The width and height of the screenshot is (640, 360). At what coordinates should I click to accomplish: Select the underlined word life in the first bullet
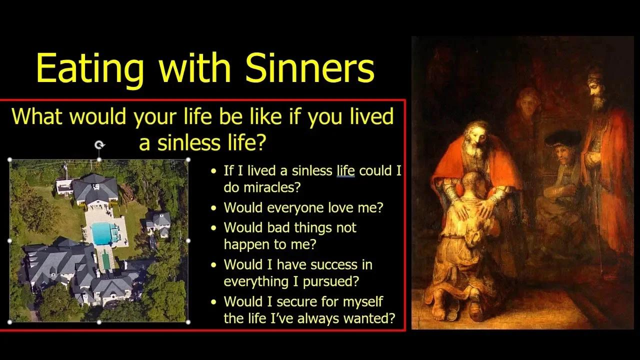345,171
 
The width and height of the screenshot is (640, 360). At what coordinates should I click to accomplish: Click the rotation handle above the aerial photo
99,145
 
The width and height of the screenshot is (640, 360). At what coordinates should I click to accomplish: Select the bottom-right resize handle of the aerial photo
188,322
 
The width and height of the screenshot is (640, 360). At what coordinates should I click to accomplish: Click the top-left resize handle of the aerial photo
10,160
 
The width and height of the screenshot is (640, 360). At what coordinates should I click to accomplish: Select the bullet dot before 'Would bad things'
214,228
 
